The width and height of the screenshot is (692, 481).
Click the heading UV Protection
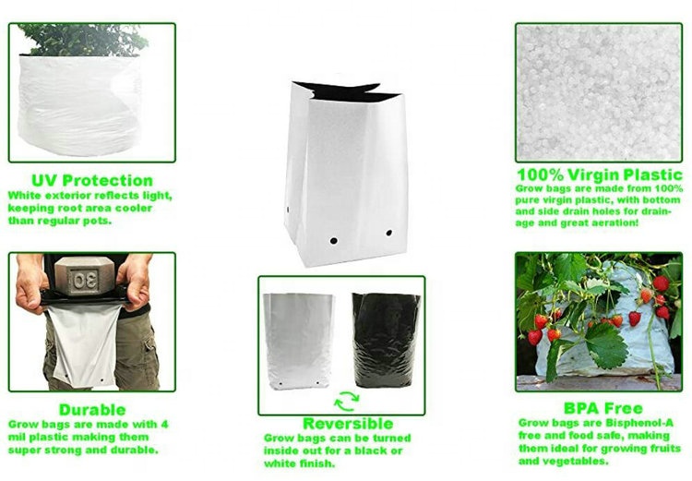pyautogui.click(x=91, y=180)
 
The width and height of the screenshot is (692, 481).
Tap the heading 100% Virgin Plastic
pyautogui.click(x=599, y=174)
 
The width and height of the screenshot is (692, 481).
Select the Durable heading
pyautogui.click(x=91, y=409)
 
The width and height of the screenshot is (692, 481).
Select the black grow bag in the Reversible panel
pyautogui.click(x=386, y=339)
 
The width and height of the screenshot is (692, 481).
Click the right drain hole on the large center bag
pyautogui.click(x=388, y=234)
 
